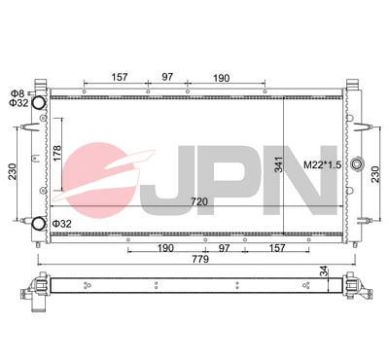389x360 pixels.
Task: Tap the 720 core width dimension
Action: click(199, 201)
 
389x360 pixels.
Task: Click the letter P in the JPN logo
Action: click(238, 181)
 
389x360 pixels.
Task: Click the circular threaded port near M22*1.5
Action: click(357, 164)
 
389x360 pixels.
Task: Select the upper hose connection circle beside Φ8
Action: click(40, 103)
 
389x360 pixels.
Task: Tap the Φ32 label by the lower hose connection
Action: click(62, 224)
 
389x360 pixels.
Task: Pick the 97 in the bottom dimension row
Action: click(226, 249)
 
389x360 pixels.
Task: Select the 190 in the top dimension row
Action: click(222, 76)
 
